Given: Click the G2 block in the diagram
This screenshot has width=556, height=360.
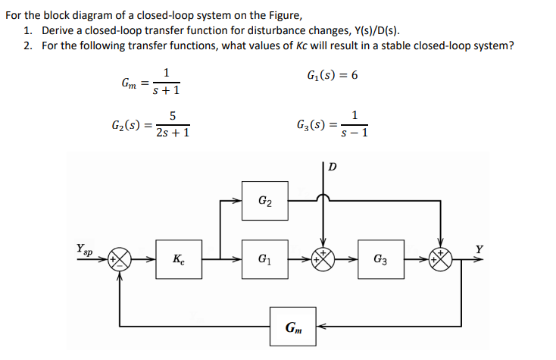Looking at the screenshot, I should [x=265, y=201].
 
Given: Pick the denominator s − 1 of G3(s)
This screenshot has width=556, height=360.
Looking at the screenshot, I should [x=355, y=133].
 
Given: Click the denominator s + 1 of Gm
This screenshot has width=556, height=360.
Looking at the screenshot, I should [x=166, y=91].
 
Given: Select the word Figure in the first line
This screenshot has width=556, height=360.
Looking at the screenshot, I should [x=266, y=15].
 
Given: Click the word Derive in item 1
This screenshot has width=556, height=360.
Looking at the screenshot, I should [x=58, y=30].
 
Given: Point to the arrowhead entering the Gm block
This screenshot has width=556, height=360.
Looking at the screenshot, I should [x=318, y=327].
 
